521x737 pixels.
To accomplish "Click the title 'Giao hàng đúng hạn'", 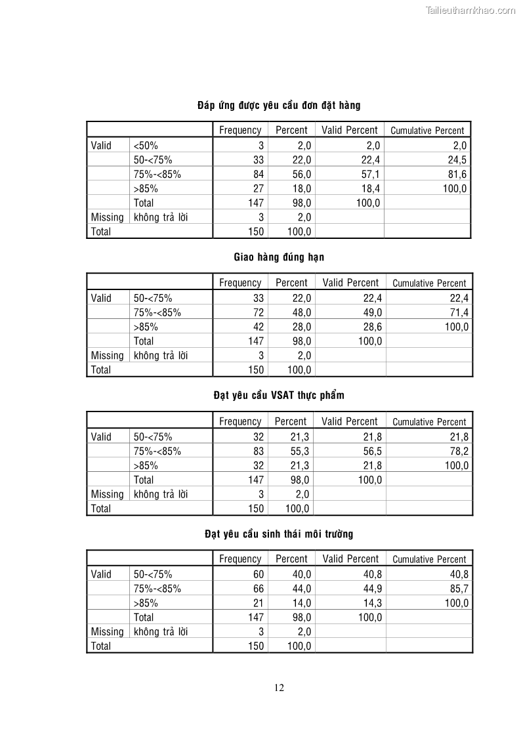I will [279, 257].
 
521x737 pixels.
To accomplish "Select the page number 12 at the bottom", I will [279, 688].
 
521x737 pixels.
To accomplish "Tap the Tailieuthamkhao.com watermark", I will [470, 10].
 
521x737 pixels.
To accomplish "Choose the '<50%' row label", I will [146, 146].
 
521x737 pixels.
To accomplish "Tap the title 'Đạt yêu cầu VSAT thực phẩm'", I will [279, 396].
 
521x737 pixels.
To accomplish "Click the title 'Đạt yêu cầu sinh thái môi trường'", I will [279, 534].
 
